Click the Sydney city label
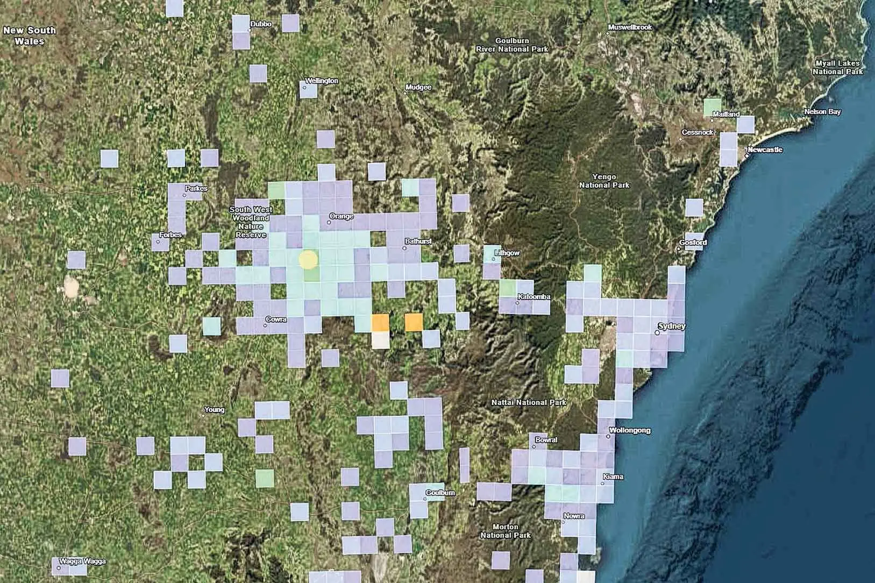672,326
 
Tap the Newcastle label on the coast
765,150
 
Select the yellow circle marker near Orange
309,260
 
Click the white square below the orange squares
381,340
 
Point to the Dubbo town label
261,24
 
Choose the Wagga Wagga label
82,561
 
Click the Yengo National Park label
604,181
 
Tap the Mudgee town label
418,87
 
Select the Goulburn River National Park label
512,45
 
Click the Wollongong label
630,430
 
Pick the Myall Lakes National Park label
837,67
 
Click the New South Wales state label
29,35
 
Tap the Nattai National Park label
529,402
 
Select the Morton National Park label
506,531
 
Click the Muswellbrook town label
630,27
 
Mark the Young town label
214,410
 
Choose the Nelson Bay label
822,112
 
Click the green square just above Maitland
713,106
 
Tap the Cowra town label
276,319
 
